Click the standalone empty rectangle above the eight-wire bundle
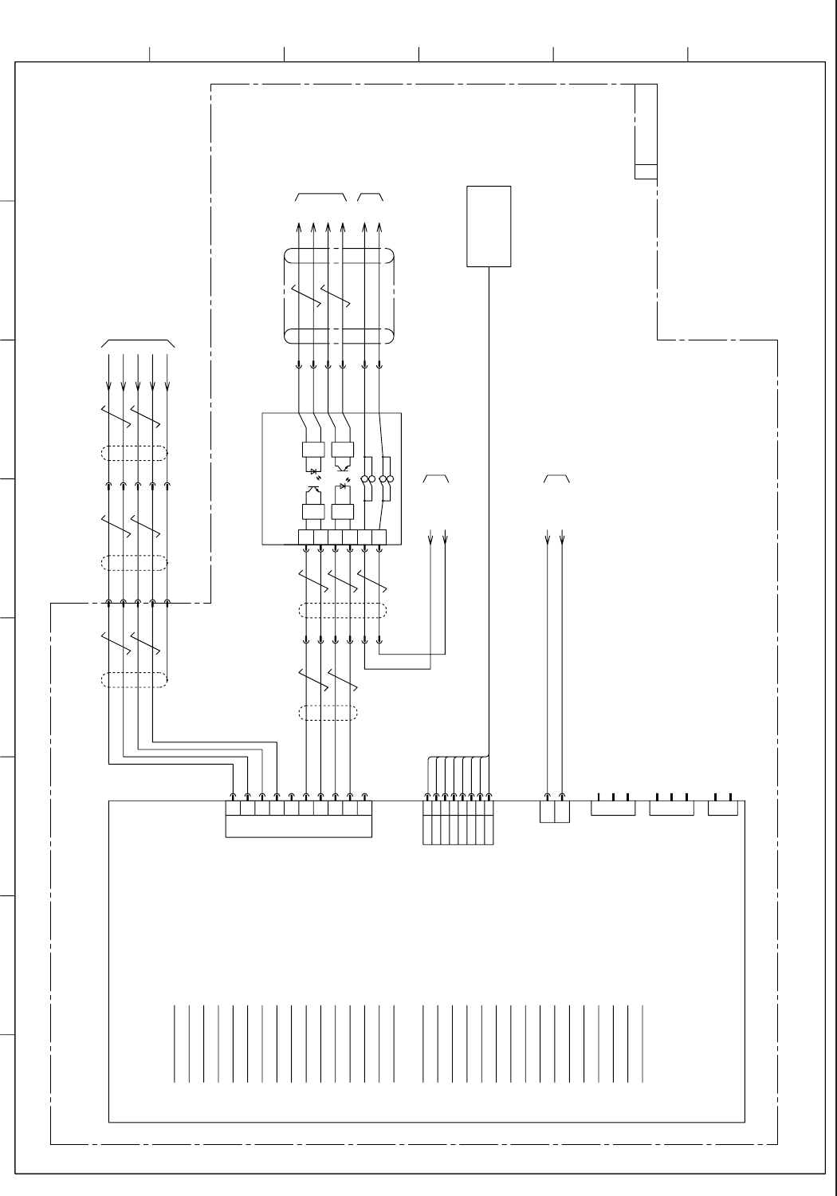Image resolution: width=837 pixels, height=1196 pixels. point(489,226)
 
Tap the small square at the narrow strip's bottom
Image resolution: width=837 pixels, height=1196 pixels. point(646,171)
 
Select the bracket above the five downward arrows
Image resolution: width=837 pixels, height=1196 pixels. point(138,343)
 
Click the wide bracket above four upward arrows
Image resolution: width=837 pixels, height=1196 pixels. point(320,196)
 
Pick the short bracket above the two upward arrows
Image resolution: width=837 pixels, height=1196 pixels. point(371,196)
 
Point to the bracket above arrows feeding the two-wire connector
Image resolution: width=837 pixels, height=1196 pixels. point(556,478)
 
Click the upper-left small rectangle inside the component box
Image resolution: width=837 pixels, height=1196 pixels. point(312,450)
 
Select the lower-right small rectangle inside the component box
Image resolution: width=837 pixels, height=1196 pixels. point(342,513)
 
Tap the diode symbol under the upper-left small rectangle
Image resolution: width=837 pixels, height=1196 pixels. point(313,471)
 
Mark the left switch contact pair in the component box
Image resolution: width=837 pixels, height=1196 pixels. point(368,478)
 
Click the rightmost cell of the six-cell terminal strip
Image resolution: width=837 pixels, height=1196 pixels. point(379,537)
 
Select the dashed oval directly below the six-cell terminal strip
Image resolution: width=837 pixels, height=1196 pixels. point(343,611)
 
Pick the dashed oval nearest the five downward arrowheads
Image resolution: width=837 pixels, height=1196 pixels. point(135,454)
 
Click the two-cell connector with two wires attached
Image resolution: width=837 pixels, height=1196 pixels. point(555,812)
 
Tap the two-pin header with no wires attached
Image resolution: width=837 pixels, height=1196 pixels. point(723,808)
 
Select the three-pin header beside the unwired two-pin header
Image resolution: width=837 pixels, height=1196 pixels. point(671,808)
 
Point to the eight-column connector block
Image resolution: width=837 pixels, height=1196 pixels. point(458,822)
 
